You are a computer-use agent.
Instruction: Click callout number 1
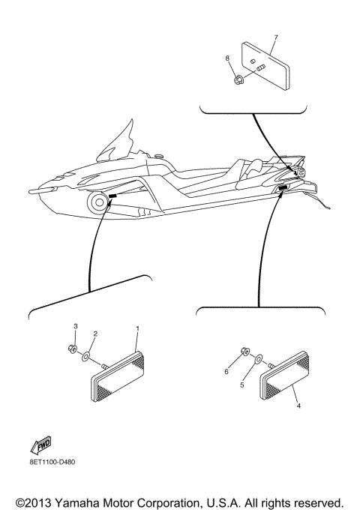pyautogui.click(x=137, y=328)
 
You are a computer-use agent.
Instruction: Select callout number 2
pyautogui.click(x=94, y=334)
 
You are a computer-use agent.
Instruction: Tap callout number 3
pyautogui.click(x=75, y=326)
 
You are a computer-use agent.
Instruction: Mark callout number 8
pyautogui.click(x=226, y=57)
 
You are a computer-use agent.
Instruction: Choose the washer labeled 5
pyautogui.click(x=257, y=361)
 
